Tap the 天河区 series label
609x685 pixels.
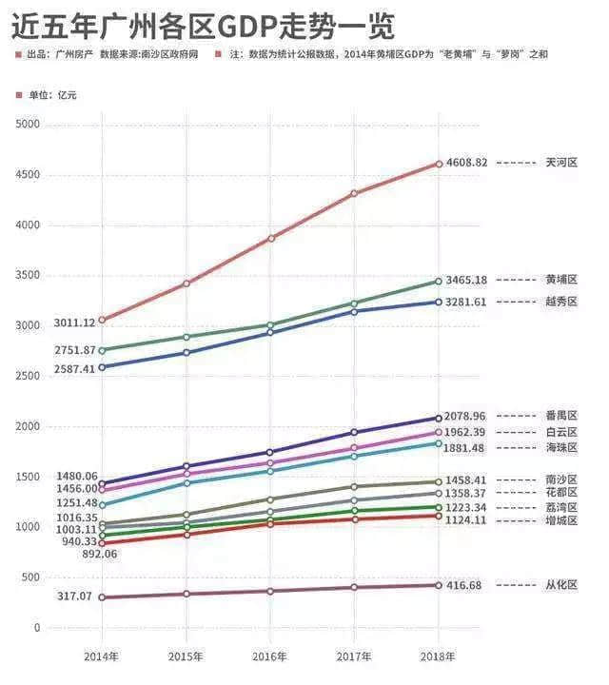(x=561, y=163)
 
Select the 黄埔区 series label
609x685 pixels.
(x=561, y=280)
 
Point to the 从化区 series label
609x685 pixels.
(x=561, y=586)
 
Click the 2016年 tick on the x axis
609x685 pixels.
(x=270, y=656)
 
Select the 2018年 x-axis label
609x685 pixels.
(x=439, y=656)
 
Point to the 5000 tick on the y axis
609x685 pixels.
(x=29, y=125)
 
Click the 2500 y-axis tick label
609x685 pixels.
(x=29, y=377)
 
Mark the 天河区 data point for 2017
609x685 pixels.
(x=355, y=193)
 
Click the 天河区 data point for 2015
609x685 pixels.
(x=187, y=284)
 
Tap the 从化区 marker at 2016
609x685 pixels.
(x=270, y=591)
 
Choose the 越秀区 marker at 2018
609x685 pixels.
(x=439, y=302)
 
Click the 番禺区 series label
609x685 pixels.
(x=561, y=416)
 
